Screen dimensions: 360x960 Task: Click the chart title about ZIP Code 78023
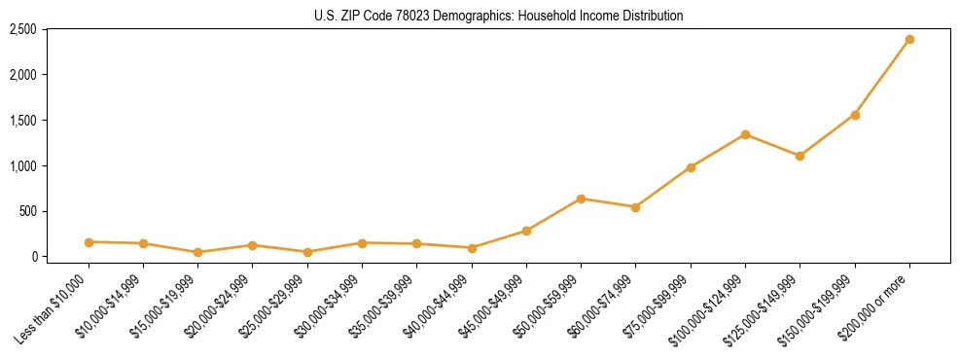[499, 16]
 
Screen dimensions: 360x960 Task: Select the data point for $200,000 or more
[909, 40]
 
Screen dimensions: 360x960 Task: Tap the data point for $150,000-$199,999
[855, 115]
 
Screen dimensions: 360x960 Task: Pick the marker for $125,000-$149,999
[800, 156]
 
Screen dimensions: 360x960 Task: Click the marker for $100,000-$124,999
[745, 134]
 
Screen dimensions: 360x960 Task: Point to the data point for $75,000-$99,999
[691, 167]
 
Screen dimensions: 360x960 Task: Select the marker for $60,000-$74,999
[635, 207]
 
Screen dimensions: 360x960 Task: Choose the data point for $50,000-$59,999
[581, 198]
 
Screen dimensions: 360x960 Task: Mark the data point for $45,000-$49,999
[526, 231]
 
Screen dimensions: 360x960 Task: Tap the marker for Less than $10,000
[89, 242]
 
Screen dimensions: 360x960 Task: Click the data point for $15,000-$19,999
[198, 252]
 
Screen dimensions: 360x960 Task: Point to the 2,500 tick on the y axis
[23, 29]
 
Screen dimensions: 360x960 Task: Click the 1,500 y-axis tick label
[23, 121]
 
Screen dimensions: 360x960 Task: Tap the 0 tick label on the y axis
[34, 257]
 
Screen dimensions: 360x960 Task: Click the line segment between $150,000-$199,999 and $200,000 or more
[882, 78]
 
